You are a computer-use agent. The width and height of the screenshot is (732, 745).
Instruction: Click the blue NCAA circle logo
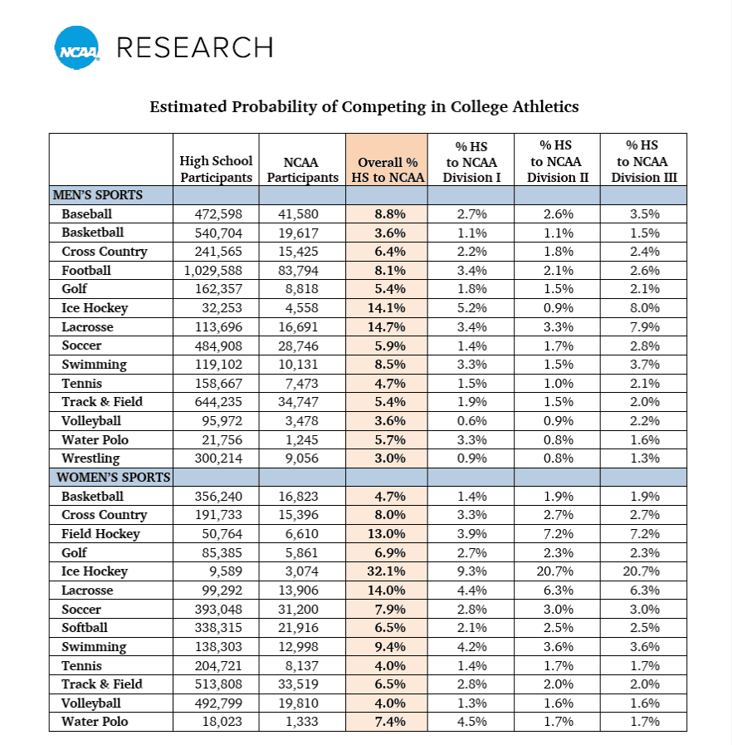pos(76,48)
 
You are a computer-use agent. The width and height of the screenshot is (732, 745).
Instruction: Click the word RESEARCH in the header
pos(194,48)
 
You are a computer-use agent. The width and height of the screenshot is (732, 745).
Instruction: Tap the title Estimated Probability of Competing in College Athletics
pos(364,106)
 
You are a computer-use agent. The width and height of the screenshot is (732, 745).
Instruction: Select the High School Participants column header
pos(216,169)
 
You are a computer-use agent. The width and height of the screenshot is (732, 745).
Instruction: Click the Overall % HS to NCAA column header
pos(388,169)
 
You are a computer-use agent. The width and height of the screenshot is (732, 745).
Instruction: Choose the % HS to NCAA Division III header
pos(644,161)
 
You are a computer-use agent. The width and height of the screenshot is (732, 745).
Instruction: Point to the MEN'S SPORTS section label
pos(98,195)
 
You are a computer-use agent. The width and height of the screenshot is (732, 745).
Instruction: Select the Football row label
pos(85,270)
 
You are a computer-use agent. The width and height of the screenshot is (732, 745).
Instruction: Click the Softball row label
pos(84,628)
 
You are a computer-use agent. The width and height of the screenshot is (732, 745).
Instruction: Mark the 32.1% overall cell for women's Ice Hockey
pos(387,571)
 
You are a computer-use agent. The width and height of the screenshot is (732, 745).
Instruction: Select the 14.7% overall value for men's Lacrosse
pos(387,326)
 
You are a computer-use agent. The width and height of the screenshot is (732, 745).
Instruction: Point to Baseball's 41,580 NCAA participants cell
pos(300,214)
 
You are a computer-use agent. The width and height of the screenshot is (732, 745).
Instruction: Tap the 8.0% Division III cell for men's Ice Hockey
pos(644,308)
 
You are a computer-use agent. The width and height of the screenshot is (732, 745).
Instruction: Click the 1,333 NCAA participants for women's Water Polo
pos(300,722)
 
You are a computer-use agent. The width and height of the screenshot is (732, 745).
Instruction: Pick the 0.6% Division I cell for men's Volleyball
pos(471,421)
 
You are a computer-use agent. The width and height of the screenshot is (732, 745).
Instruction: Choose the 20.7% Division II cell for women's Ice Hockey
pos(558,571)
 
